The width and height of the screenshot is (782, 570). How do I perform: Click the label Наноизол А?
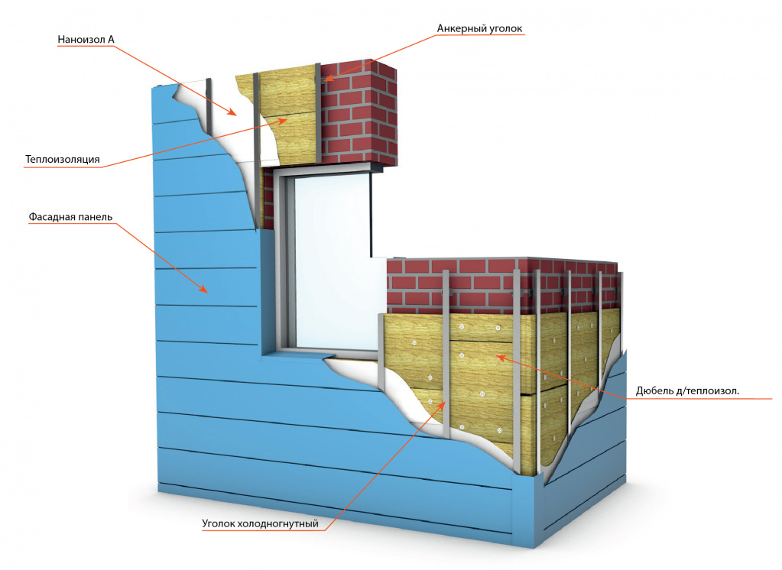point(86,40)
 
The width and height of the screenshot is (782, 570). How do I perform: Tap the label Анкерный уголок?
point(479,29)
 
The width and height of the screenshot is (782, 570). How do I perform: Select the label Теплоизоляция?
point(63,160)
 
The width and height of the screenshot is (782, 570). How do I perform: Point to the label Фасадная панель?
point(71,216)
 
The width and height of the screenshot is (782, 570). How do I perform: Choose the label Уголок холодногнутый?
point(260,524)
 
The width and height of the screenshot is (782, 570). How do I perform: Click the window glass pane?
point(329,252)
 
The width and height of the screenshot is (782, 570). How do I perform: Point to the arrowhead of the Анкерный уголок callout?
point(325,79)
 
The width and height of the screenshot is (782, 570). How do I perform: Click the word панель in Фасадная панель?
point(96,216)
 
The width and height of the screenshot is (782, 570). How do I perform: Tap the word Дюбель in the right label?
point(654,392)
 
